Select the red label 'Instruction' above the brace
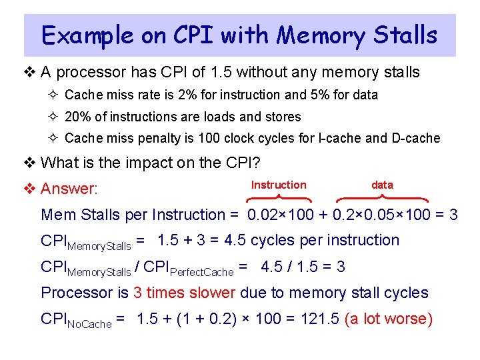(x=279, y=185)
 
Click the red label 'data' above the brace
(x=382, y=185)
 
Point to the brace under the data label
(x=381, y=198)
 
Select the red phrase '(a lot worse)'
(x=389, y=319)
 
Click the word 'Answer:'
(x=69, y=189)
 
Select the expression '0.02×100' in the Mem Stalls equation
(x=275, y=215)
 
